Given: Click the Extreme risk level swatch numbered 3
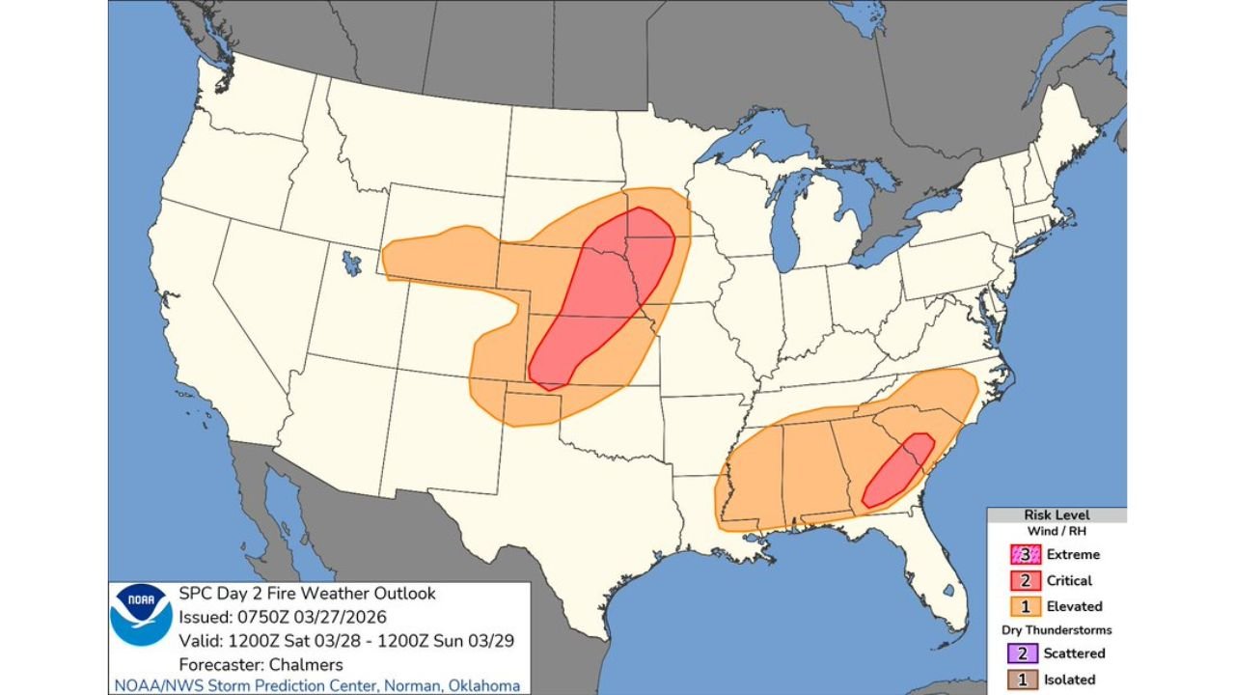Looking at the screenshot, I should point(1025,554).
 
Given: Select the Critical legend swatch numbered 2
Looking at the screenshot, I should point(1025,580).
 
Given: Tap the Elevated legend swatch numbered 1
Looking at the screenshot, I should point(1025,606).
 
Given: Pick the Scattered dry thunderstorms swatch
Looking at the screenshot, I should point(1025,653).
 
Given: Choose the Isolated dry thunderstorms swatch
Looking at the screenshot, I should point(1025,679).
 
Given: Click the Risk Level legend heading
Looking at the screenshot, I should point(1056,515).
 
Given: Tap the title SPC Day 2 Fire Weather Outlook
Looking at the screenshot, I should point(307,594).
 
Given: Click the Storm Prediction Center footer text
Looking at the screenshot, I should point(317,685).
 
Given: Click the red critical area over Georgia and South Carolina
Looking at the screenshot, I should point(898,470).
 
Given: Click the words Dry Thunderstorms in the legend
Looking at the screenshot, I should point(1056,629).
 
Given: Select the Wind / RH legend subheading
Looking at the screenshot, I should point(1056,530).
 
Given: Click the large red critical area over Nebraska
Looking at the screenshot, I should point(603,294).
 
